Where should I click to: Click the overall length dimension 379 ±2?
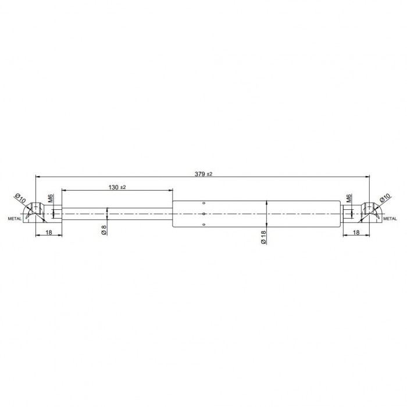click(x=203, y=174)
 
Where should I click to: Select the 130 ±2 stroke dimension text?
click(x=117, y=187)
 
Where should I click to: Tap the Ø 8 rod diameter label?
click(x=104, y=230)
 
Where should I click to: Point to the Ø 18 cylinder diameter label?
click(x=263, y=237)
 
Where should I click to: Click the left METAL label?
click(x=15, y=219)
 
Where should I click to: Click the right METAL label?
click(x=390, y=219)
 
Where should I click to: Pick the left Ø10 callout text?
click(x=20, y=198)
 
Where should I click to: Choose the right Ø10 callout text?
click(x=385, y=198)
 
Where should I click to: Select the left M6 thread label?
click(x=51, y=198)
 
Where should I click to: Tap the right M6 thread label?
click(x=349, y=198)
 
